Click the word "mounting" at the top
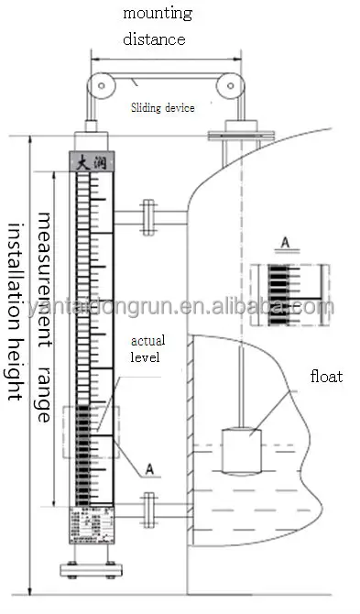(x=158, y=14)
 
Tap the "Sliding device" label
(x=161, y=107)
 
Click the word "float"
(x=324, y=377)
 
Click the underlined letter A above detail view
(x=285, y=243)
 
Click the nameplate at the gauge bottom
(x=91, y=531)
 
